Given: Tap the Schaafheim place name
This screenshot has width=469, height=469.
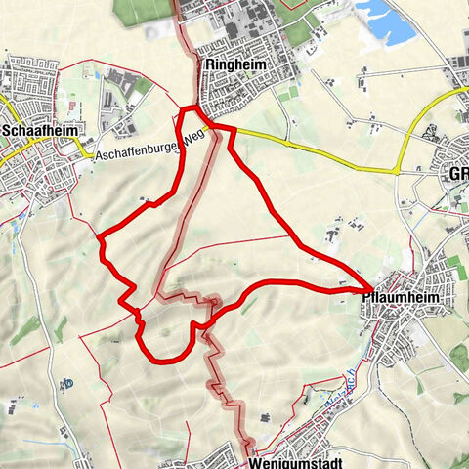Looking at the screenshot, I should (x=40, y=129).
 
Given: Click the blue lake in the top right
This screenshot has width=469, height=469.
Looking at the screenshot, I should (x=389, y=16).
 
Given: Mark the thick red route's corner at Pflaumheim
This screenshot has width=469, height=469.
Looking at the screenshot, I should (x=367, y=286).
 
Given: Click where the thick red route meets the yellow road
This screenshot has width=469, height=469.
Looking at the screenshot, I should (x=213, y=127).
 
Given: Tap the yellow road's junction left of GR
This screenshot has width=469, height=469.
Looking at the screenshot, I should (x=397, y=171).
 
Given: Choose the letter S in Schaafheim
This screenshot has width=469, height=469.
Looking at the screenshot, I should (x=8, y=129).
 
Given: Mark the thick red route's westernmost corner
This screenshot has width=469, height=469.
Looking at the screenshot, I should (x=100, y=235).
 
